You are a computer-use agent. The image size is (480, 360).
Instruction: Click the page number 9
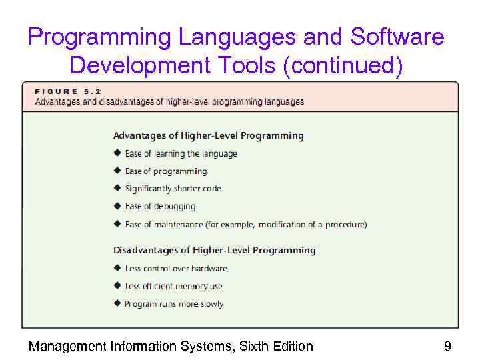click(447, 346)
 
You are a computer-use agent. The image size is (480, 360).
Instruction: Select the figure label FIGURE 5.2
click(64, 91)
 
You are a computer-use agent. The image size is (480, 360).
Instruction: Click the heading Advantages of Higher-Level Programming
click(208, 135)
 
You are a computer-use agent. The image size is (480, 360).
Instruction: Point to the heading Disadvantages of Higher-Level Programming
click(214, 250)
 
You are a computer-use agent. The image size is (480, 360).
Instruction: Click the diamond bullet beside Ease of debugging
click(117, 207)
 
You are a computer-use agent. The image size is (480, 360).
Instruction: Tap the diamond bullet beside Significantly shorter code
click(117, 189)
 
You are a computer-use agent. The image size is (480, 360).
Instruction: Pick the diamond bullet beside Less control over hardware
click(117, 268)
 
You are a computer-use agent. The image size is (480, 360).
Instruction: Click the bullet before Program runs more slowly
click(117, 304)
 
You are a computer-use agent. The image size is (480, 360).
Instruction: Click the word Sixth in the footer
click(259, 346)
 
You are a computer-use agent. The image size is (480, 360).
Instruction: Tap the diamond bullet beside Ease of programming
click(117, 171)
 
